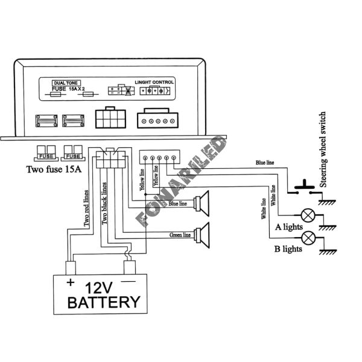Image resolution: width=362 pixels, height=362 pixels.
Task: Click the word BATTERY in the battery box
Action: [104, 301]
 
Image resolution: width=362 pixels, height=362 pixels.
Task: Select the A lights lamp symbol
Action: [310, 215]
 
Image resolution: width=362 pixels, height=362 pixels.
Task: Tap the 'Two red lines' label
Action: [86, 208]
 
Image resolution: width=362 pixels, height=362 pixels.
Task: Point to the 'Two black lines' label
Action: [104, 202]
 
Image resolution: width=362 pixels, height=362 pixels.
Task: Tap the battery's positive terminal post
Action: [71, 267]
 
